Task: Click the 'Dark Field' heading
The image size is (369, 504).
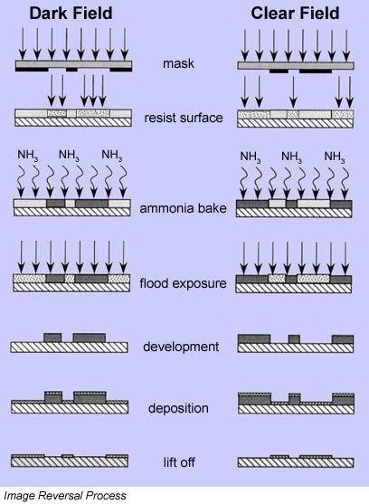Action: [x=71, y=14]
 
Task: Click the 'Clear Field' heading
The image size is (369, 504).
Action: [x=295, y=14]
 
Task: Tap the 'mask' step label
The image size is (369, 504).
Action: [x=178, y=63]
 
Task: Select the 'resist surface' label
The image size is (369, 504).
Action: [x=184, y=118]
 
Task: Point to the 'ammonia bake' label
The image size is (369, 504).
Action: [x=183, y=208]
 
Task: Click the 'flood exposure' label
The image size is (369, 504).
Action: [x=183, y=283]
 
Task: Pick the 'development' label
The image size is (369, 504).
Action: [x=181, y=347]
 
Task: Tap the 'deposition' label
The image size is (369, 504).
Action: [x=178, y=408]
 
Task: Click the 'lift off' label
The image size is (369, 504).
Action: [x=179, y=462]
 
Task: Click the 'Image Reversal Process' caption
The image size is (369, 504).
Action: [x=65, y=495]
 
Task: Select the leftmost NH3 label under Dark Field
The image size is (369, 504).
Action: [x=28, y=156]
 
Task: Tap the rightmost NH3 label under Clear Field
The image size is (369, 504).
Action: [x=335, y=157]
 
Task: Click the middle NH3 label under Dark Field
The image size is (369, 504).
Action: [x=69, y=156]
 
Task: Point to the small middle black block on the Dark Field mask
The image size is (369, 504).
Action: [x=71, y=70]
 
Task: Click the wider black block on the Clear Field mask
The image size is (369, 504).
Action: [x=316, y=71]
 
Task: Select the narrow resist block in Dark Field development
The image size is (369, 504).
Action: [x=52, y=338]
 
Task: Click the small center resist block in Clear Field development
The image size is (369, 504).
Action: [x=294, y=339]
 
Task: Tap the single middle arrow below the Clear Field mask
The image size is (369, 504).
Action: [x=293, y=92]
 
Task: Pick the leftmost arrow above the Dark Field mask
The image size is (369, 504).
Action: [x=23, y=43]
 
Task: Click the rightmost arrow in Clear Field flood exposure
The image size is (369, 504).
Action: [x=345, y=258]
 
